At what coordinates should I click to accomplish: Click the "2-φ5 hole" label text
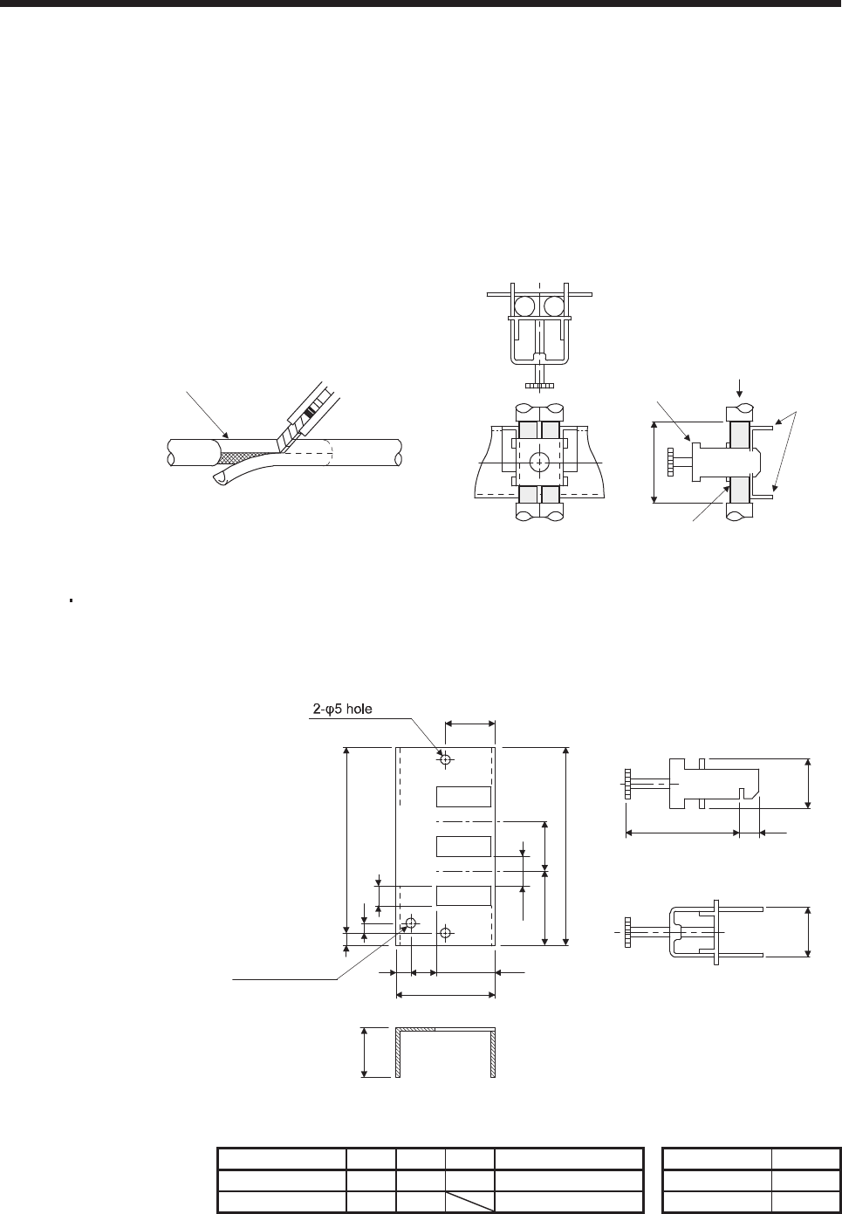[x=342, y=709]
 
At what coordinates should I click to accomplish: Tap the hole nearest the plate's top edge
[x=445, y=760]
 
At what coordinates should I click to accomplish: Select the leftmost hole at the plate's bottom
[x=411, y=923]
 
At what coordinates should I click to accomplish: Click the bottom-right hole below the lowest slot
[x=445, y=933]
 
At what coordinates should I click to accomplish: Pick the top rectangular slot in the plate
[x=464, y=797]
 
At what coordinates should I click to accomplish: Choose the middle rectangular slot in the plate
[x=464, y=847]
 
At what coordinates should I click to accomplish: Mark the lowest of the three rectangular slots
[x=464, y=895]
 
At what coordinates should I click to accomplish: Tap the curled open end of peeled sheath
[x=219, y=478]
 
